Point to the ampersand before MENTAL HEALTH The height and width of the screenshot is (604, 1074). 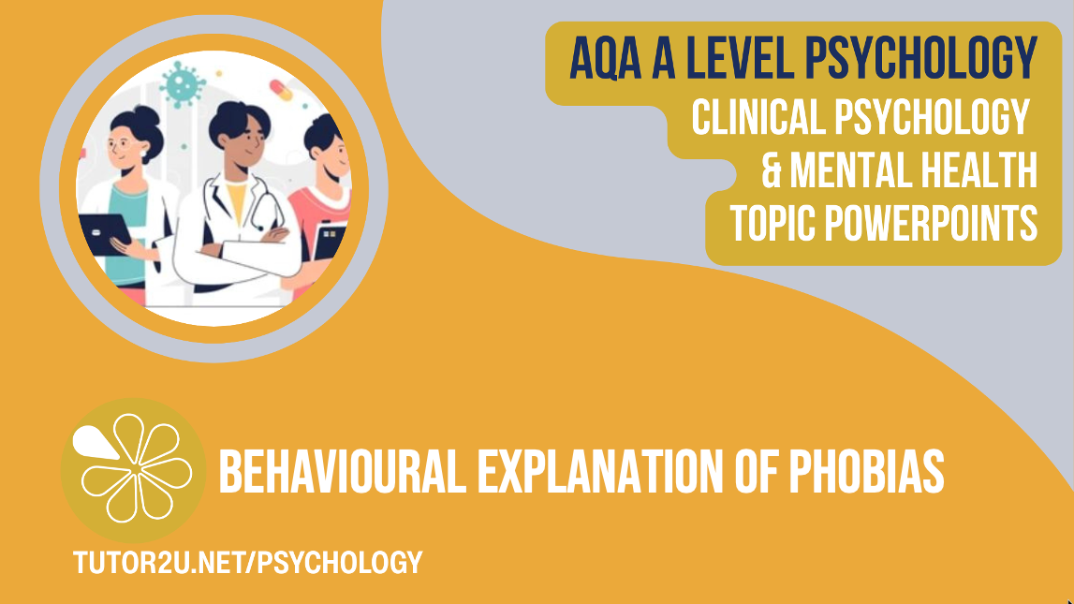772,170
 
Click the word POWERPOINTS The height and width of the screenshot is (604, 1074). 931,223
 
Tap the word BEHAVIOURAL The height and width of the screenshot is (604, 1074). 343,471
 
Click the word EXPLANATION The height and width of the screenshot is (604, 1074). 599,471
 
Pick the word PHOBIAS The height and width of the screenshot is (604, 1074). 866,471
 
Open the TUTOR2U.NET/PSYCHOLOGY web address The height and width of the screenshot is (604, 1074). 248,562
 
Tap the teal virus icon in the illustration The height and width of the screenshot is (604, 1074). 183,84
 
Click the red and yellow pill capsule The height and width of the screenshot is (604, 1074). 281,90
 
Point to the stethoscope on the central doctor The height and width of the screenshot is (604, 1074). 259,205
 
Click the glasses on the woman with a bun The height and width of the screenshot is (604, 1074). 119,145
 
